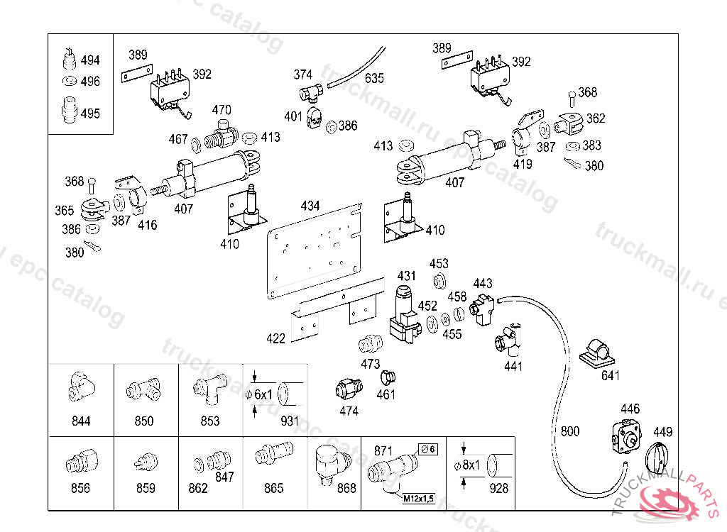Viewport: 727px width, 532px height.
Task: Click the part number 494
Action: pyautogui.click(x=90, y=60)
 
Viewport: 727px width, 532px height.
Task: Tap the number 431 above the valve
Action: pyautogui.click(x=406, y=275)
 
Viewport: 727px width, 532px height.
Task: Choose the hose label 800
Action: pyautogui.click(x=569, y=431)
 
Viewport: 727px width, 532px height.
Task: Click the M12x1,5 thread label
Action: pyautogui.click(x=420, y=499)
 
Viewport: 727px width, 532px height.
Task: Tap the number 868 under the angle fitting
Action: pyautogui.click(x=346, y=488)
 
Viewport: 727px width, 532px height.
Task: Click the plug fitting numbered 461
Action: pyautogui.click(x=388, y=377)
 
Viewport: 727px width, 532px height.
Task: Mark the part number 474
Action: pyautogui.click(x=349, y=411)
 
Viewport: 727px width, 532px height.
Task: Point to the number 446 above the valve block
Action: pyautogui.click(x=630, y=409)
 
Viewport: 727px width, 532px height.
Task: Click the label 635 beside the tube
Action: pyautogui.click(x=374, y=78)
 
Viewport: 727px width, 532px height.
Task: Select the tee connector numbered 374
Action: pyautogui.click(x=311, y=92)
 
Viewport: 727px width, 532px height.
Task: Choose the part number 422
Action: pyautogui.click(x=275, y=338)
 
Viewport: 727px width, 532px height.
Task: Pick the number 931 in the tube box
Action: pyautogui.click(x=290, y=421)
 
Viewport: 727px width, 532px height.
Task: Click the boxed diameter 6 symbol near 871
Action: pyautogui.click(x=428, y=448)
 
